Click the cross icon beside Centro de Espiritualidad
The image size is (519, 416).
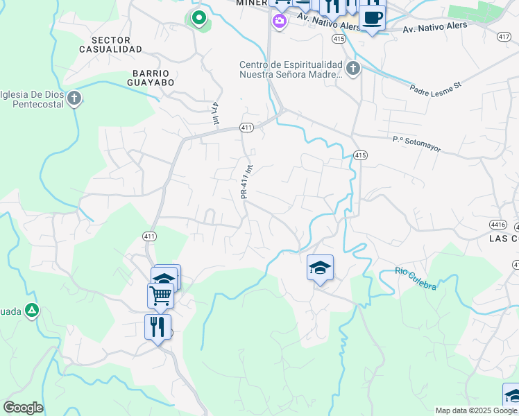(x=353, y=69)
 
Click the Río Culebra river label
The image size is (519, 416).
(x=416, y=278)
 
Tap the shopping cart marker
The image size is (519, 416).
(x=160, y=295)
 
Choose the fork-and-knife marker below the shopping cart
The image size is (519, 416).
(x=158, y=325)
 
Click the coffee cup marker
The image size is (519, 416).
(x=373, y=17)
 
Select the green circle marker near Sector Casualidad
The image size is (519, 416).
(x=198, y=17)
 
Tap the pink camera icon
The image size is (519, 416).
(x=279, y=22)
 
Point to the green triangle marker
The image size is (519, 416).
(x=31, y=311)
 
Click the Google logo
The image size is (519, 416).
(x=23, y=408)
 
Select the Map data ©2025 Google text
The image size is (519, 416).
(x=475, y=410)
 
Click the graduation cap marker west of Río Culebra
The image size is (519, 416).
(x=320, y=267)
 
